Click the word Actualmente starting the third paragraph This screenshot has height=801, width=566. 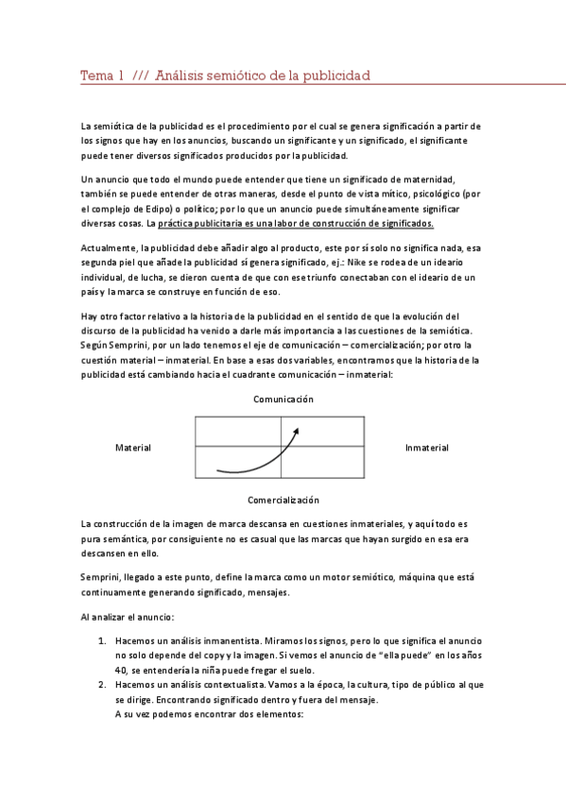(110, 247)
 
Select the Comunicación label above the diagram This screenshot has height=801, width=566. (283, 400)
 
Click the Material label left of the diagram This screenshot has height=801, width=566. (132, 448)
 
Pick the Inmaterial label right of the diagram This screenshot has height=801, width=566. (426, 448)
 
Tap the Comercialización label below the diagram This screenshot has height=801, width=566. (283, 499)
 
